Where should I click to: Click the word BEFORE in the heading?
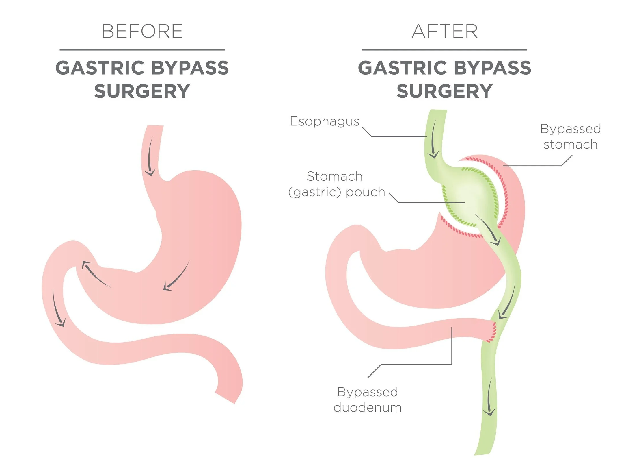point(142,31)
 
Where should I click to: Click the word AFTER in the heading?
point(444,31)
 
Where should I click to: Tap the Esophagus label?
point(325,121)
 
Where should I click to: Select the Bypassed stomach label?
point(570,136)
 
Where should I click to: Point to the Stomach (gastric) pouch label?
point(337,184)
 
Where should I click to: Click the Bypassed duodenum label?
point(367,400)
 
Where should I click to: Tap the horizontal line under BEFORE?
point(142,50)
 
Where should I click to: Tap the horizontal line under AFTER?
point(444,50)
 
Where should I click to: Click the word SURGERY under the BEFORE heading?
point(142,91)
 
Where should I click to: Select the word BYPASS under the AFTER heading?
point(492,68)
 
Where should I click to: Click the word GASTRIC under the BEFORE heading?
point(100,68)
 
